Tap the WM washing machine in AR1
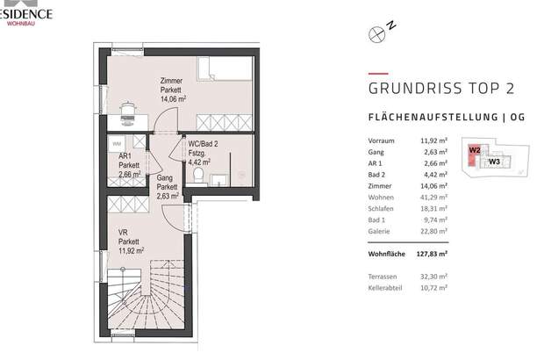pos(116,142)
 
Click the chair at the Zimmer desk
pos(125,110)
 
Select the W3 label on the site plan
pos(495,162)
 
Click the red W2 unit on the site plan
pos(475,151)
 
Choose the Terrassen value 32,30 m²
pos(434,276)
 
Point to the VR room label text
pos(122,233)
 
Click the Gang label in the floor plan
pos(166,177)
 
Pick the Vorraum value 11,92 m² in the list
pos(434,139)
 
